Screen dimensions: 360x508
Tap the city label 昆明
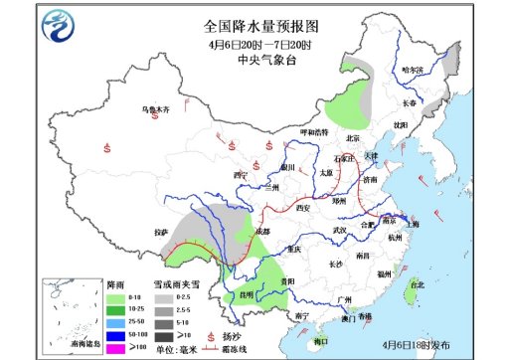(232, 294)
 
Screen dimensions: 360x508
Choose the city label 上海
(415, 225)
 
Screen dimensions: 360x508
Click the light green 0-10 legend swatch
(115, 297)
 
